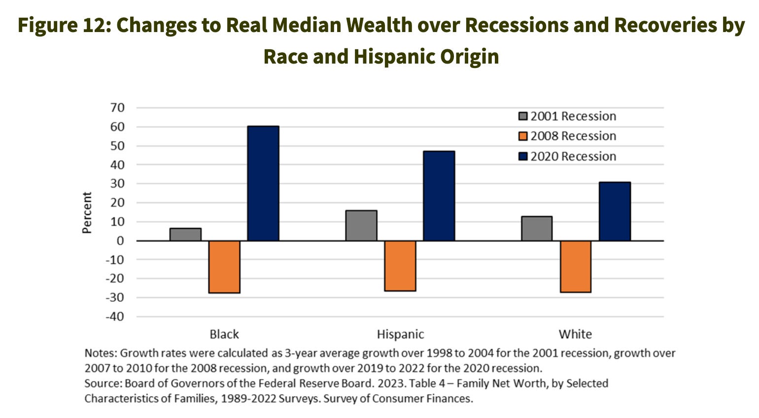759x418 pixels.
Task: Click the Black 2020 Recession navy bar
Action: point(263,183)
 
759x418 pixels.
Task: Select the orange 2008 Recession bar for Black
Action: point(224,267)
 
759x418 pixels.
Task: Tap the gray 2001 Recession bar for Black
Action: point(185,234)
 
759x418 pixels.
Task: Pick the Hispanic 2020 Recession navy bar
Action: point(439,196)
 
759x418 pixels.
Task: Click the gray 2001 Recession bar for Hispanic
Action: point(361,226)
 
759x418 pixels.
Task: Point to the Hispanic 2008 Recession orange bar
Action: point(400,266)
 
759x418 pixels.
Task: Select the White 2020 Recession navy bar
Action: point(615,211)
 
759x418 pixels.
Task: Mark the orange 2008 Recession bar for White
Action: point(576,266)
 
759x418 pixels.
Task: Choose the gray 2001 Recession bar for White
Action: point(537,229)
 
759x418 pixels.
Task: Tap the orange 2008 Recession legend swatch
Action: point(523,136)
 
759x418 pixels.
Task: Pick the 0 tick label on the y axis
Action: point(120,241)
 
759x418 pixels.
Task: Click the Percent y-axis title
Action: point(87,212)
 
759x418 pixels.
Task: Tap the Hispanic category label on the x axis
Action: point(400,334)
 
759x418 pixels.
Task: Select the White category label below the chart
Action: point(575,334)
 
